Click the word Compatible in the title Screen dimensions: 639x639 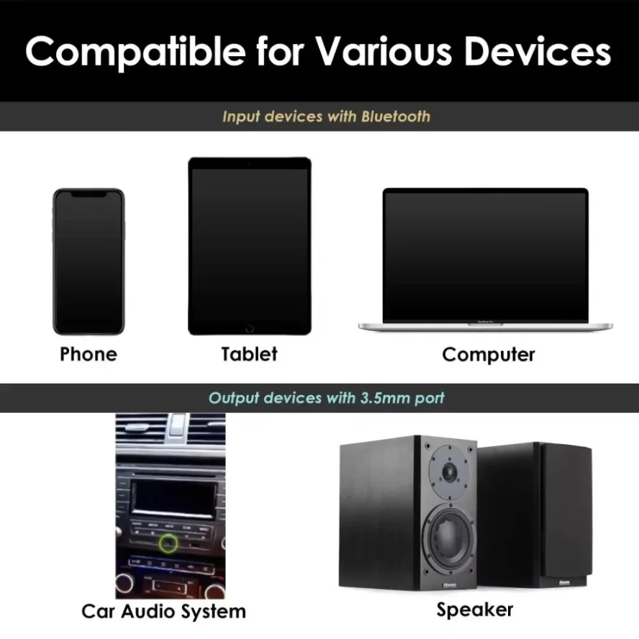[135, 52]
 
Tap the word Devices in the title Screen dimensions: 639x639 [538, 51]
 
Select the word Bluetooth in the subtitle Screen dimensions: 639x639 [396, 117]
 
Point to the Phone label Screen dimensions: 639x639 [89, 354]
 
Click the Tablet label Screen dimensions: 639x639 [249, 354]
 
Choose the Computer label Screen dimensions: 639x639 [488, 355]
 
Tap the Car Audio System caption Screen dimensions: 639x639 [163, 612]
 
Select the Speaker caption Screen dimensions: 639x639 [474, 610]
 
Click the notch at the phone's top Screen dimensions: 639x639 [89, 195]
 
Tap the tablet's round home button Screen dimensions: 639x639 [250, 328]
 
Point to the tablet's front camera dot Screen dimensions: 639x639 [250, 164]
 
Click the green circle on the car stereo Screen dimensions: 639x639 [168, 543]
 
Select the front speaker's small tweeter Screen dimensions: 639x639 [450, 472]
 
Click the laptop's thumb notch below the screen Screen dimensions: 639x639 [485, 325]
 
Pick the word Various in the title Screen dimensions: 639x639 [384, 52]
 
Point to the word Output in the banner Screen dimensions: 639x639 [234, 398]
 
